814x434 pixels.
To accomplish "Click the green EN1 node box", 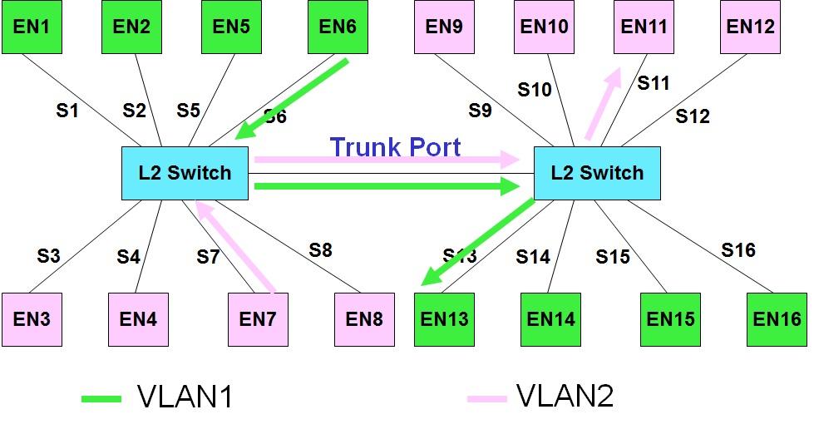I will [x=31, y=27].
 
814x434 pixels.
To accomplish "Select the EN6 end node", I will [x=337, y=27].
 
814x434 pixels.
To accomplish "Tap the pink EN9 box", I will [x=444, y=27].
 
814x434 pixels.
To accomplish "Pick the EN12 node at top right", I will [x=750, y=27].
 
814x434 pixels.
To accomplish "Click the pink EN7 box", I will [x=258, y=319].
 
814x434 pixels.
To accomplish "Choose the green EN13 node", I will [x=444, y=319].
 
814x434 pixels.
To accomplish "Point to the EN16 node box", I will [x=777, y=319].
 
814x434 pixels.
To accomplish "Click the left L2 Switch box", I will [x=185, y=173].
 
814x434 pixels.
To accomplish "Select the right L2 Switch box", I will [x=596, y=173].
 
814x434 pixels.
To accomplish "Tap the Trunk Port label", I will [x=395, y=147].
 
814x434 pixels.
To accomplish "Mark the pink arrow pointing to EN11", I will [x=603, y=104].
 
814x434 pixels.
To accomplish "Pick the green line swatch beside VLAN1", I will [x=101, y=399].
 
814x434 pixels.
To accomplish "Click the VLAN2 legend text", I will [x=565, y=397].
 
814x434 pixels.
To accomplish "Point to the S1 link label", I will [x=67, y=110].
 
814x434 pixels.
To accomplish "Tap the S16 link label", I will [x=738, y=249].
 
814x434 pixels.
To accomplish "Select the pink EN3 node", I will [x=31, y=319].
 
